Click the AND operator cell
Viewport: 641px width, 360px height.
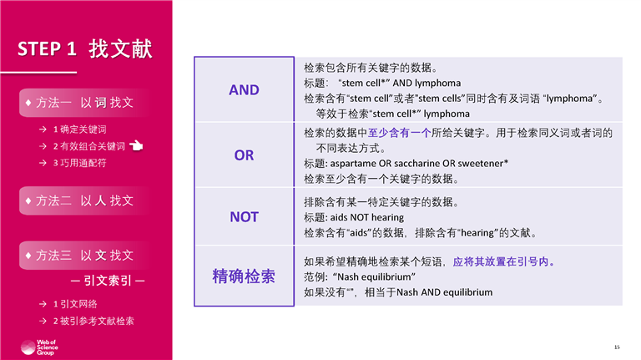[x=244, y=89]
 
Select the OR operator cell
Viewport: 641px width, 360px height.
[x=244, y=155]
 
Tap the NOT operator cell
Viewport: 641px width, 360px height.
[x=244, y=217]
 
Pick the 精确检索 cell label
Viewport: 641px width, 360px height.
[x=244, y=276]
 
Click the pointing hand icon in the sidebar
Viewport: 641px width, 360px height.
[x=136, y=145]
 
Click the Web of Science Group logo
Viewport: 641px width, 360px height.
[x=39, y=347]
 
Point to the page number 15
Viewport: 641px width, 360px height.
[x=617, y=347]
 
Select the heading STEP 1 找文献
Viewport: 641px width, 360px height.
[x=84, y=49]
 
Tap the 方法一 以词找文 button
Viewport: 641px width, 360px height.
[x=83, y=103]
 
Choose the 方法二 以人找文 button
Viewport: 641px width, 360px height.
[x=83, y=200]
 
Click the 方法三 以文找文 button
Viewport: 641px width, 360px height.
[x=83, y=256]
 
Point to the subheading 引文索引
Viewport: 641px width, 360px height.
[x=108, y=281]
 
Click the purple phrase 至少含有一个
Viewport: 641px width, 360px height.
[x=400, y=133]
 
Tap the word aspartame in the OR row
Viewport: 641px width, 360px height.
[x=353, y=164]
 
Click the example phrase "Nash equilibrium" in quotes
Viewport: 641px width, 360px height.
[x=375, y=277]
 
